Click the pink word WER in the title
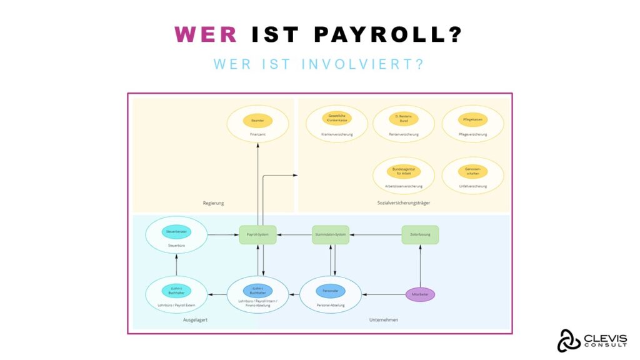coord(206,34)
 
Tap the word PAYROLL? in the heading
coord(388,34)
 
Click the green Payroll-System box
coord(257,234)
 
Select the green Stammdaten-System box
coord(330,234)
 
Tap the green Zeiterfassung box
coord(420,234)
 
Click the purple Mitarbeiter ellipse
coord(420,294)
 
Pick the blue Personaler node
coord(330,291)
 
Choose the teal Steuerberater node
coord(176,231)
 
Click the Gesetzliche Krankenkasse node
coord(337,118)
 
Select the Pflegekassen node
coord(472,119)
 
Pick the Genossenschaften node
coord(472,171)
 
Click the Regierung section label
coord(213,203)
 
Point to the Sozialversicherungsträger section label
coord(403,203)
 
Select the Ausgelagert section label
coord(196,320)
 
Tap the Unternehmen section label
coord(383,320)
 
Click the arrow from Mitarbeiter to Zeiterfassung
coord(420,266)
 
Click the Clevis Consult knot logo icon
coord(569,341)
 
